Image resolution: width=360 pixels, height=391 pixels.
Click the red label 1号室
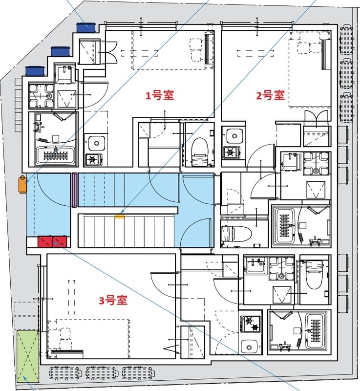160,95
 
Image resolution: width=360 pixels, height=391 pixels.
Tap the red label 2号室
270,95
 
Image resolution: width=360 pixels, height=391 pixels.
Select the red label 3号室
113,301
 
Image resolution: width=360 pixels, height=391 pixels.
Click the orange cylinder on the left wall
21,184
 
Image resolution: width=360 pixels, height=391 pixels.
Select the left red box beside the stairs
45,241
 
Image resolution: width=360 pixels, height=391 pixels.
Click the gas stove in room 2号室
230,152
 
